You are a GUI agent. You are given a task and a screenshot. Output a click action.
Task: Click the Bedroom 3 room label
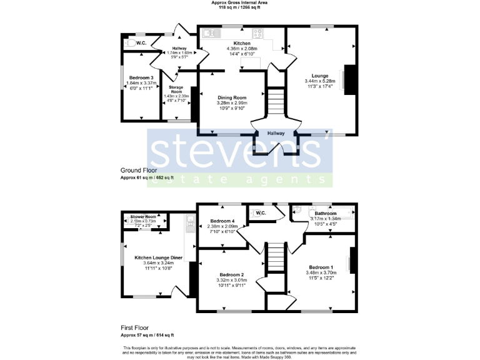137,77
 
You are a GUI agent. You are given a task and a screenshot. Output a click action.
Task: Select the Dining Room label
232,97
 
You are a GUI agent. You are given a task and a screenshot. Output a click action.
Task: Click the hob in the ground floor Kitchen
257,33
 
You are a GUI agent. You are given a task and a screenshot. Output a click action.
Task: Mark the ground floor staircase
276,100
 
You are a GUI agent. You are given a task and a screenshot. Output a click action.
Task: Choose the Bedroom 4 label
222,221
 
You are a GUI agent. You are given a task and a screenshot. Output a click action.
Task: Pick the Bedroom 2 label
231,274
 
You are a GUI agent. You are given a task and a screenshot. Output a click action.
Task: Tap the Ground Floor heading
138,170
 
